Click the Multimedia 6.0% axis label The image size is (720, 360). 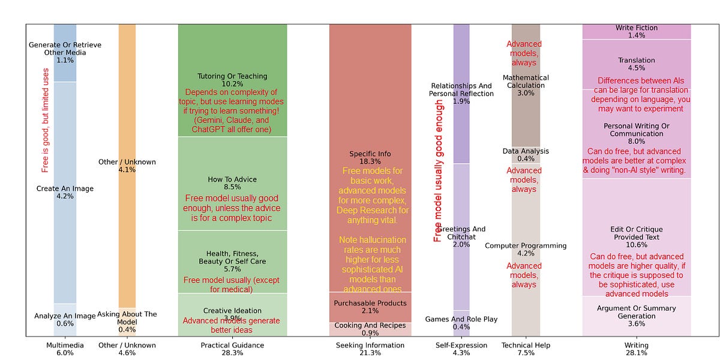pyautogui.click(x=65, y=349)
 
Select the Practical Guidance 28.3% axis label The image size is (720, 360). pyautogui.click(x=232, y=349)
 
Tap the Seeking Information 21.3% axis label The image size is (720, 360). pyautogui.click(x=370, y=349)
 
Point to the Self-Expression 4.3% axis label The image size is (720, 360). pyautogui.click(x=461, y=349)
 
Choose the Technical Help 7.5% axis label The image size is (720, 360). pyautogui.click(x=526, y=349)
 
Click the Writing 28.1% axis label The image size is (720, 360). pyautogui.click(x=637, y=349)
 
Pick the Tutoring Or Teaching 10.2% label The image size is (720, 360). pyautogui.click(x=232, y=80)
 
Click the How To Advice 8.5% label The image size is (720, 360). pyautogui.click(x=232, y=184)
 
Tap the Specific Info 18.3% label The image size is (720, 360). pyautogui.click(x=370, y=158)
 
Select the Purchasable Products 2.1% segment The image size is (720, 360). pyautogui.click(x=370, y=307)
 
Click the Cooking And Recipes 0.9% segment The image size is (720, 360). pyautogui.click(x=370, y=329)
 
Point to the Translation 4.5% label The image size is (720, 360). pyautogui.click(x=637, y=64)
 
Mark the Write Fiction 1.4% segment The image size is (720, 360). pyautogui.click(x=637, y=32)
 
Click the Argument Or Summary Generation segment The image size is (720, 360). pyautogui.click(x=637, y=316)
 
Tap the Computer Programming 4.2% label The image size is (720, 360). pyautogui.click(x=526, y=249)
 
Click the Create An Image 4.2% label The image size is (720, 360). pyautogui.click(x=65, y=193)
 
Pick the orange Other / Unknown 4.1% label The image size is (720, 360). pyautogui.click(x=127, y=166)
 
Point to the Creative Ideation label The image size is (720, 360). pyautogui.click(x=232, y=314)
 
